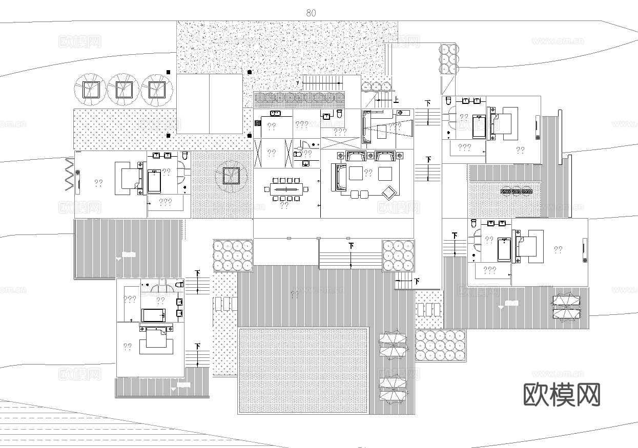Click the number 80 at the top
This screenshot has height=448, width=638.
click(x=311, y=13)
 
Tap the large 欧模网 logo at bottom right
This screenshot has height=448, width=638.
click(x=561, y=394)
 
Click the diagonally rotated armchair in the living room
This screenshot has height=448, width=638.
click(x=389, y=192)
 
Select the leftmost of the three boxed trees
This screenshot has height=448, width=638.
click(x=90, y=90)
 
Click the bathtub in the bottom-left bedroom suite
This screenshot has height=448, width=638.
click(x=154, y=314)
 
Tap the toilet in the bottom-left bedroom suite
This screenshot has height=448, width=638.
click(x=179, y=284)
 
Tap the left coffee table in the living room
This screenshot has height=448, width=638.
click(x=356, y=174)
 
